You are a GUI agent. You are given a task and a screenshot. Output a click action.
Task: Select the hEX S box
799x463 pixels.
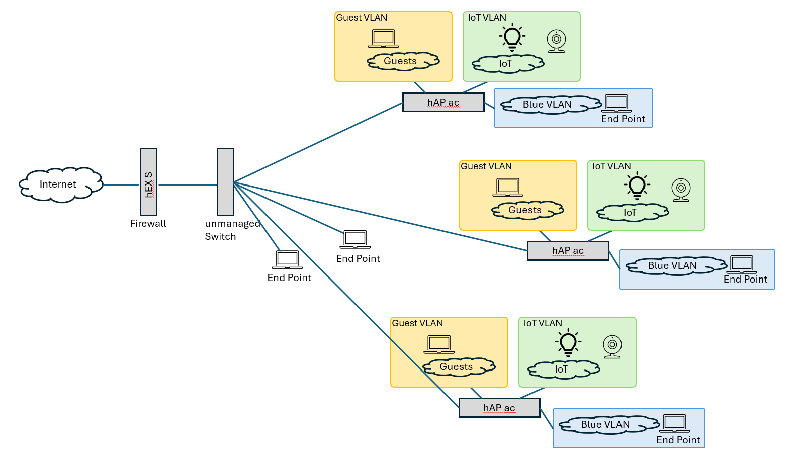coord(148,182)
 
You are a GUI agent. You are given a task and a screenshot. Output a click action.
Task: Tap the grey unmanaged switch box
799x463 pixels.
coord(225,182)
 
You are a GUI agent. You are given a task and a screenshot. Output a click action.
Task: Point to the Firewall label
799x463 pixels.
coord(148,224)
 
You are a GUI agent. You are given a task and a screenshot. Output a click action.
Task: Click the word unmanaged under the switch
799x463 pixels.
coord(232,224)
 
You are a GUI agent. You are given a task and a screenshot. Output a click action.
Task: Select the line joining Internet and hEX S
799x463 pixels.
coord(121,185)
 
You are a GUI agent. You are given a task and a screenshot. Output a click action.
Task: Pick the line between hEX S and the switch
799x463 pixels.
coord(187,185)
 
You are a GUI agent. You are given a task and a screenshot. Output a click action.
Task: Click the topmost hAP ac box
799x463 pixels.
coord(443,102)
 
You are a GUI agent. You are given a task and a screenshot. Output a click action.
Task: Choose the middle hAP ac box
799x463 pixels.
coord(568,251)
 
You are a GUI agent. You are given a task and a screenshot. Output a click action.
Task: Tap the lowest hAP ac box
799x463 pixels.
coord(499,408)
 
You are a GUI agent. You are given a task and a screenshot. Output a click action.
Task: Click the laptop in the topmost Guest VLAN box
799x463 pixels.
coord(383,39)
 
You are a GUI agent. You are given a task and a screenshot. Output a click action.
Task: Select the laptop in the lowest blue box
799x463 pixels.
coord(674,423)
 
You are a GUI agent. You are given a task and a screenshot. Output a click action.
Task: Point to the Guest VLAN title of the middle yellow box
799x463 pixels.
coord(486,166)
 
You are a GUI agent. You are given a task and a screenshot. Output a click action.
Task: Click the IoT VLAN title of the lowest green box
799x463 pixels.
coord(543,323)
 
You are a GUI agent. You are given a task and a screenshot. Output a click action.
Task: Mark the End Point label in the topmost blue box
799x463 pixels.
coord(623,119)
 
